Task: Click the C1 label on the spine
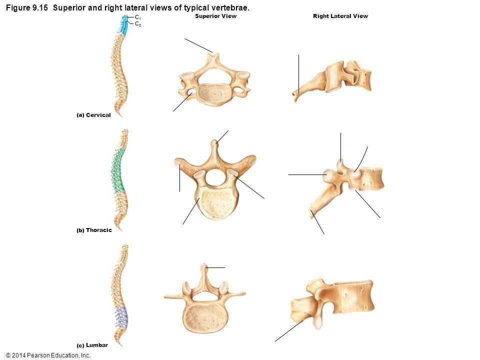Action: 138,17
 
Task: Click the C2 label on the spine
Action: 138,23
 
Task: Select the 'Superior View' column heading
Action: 215,16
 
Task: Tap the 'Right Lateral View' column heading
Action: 340,16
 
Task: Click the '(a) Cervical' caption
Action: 93,115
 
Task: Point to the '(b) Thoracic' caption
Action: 94,230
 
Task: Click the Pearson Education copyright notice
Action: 48,355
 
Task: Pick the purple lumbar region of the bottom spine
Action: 121,317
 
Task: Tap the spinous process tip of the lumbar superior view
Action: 204,266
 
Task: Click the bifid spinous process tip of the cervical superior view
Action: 214,54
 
